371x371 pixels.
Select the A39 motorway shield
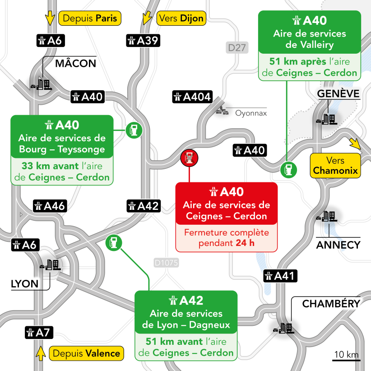pos(143,40)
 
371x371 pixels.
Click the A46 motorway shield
pos(51,206)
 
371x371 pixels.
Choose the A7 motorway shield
pos(39,333)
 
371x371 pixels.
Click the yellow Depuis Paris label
pos(90,19)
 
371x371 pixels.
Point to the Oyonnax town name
pos(251,113)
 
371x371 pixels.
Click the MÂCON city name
pos(75,63)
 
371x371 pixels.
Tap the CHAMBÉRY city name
pos(331,304)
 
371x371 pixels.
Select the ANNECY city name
pos(338,245)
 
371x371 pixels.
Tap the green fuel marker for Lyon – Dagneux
pos(113,242)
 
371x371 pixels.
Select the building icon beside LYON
pos(51,265)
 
